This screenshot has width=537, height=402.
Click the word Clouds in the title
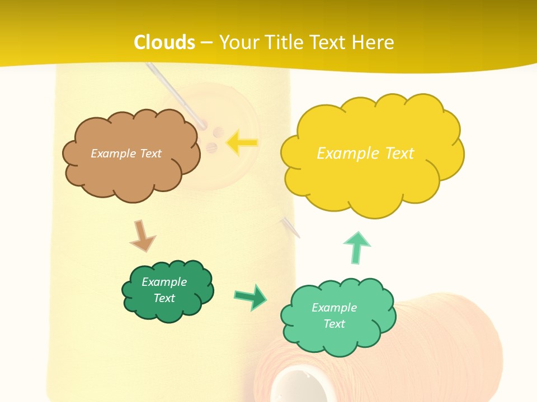164,42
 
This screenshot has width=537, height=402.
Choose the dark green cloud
167,310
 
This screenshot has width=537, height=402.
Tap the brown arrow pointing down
142,236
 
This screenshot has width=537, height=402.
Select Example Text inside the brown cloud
126,154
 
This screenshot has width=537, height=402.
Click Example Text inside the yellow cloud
365,154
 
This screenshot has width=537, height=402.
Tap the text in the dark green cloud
164,290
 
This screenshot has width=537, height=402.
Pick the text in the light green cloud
334,315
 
